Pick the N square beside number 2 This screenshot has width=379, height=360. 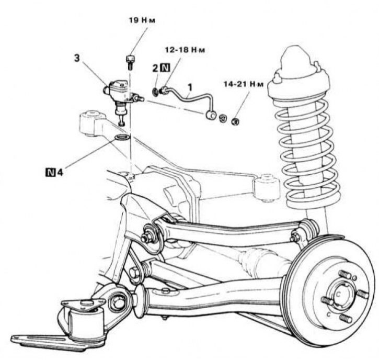(165, 67)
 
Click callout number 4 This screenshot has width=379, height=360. (60, 171)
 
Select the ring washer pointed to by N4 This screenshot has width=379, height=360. (121, 138)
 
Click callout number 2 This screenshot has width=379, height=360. (155, 67)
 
